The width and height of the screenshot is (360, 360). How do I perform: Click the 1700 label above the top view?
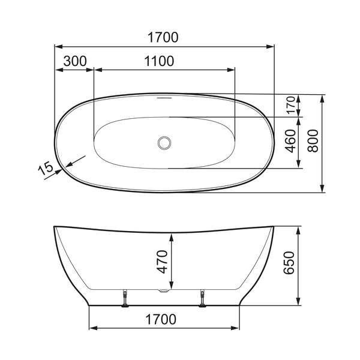[x=164, y=37]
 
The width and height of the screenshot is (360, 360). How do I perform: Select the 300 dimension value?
[x=74, y=61]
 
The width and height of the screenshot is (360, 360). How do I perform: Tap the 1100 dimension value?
[x=159, y=61]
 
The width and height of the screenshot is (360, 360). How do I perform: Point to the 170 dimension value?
[x=291, y=105]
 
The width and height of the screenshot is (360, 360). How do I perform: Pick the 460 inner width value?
[x=291, y=142]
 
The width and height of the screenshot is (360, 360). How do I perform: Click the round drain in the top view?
[x=164, y=143]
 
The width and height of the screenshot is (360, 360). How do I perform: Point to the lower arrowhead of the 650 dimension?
[x=298, y=302]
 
